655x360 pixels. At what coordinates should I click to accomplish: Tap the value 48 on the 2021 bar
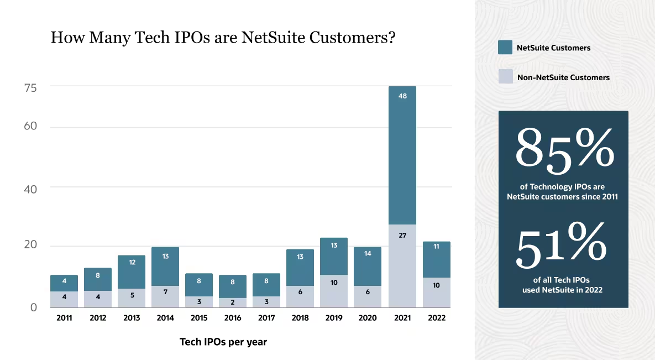pos(402,96)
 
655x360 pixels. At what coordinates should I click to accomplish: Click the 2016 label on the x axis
pos(233,318)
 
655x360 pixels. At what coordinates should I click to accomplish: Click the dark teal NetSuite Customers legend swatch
pos(505,47)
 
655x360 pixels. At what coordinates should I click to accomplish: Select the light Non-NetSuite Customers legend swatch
pos(505,76)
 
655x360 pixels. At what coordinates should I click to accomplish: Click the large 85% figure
pos(564,148)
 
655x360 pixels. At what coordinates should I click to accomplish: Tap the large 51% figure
pos(562,247)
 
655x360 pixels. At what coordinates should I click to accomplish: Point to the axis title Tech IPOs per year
pos(223,342)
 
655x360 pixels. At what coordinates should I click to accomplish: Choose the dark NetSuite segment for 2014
pos(165,266)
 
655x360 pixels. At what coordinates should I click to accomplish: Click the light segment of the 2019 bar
pos(334,291)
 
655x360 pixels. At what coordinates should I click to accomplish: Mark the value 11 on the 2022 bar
pos(436,247)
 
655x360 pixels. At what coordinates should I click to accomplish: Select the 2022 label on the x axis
pos(436,318)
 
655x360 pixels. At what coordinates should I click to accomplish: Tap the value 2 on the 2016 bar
pos(233,302)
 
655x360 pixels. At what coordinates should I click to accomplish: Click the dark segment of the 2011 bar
pos(64,283)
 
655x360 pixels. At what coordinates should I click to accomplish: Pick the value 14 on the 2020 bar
pos(368,254)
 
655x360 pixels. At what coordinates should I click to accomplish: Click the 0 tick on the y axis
pos(33,307)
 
